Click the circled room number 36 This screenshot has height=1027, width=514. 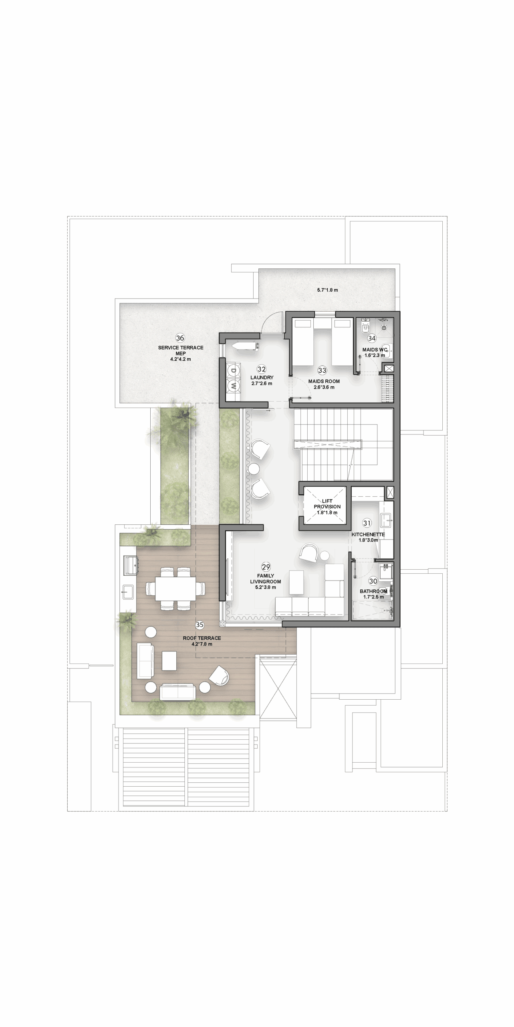click(x=180, y=338)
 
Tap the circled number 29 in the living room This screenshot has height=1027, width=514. click(x=266, y=567)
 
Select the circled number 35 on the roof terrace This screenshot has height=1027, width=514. click(x=200, y=625)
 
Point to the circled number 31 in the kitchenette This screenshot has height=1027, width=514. click(x=367, y=523)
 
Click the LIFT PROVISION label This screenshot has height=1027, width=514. click(x=327, y=504)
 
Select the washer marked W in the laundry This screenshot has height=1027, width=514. click(x=233, y=386)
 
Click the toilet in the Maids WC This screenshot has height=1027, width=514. click(x=365, y=327)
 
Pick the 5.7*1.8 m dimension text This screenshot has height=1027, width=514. click(x=327, y=290)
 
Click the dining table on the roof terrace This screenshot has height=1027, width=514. click(x=176, y=588)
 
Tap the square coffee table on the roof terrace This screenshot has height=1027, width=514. click(x=169, y=661)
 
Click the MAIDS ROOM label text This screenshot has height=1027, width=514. click(x=324, y=381)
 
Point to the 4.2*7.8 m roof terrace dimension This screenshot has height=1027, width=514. click(x=202, y=644)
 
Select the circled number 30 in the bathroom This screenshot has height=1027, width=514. click(x=373, y=581)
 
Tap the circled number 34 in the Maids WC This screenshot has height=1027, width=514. click(x=372, y=338)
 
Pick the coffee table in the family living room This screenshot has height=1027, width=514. click(x=296, y=582)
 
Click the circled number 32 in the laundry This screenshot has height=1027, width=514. click(x=262, y=369)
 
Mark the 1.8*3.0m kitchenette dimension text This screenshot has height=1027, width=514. click(x=368, y=540)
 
